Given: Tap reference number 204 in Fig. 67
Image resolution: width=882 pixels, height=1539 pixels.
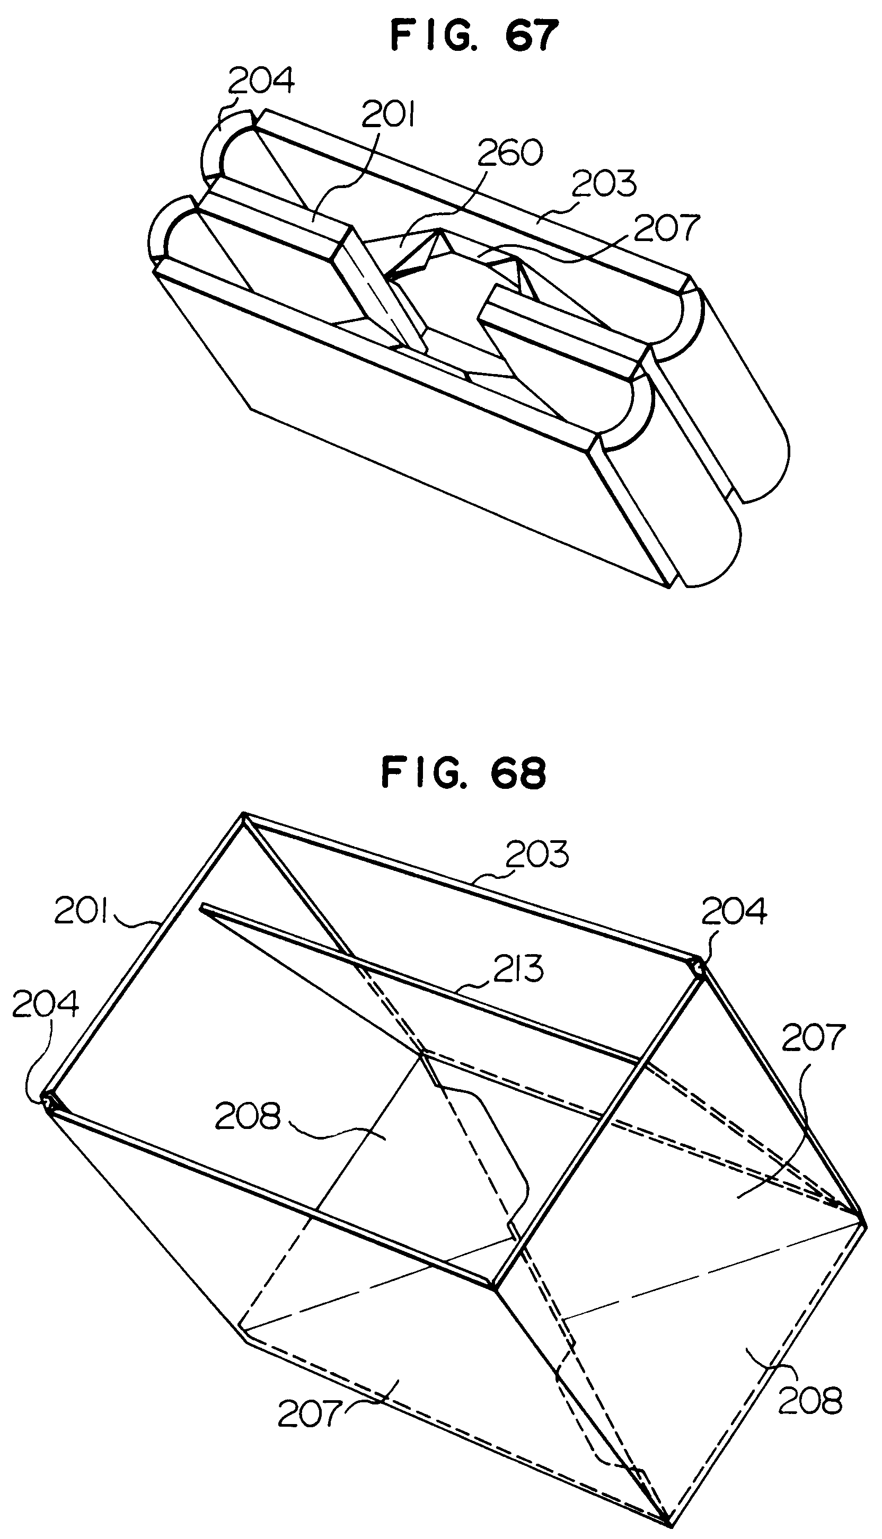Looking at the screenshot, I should [x=261, y=81].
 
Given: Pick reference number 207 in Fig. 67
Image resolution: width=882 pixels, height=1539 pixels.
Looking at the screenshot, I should [x=666, y=227].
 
